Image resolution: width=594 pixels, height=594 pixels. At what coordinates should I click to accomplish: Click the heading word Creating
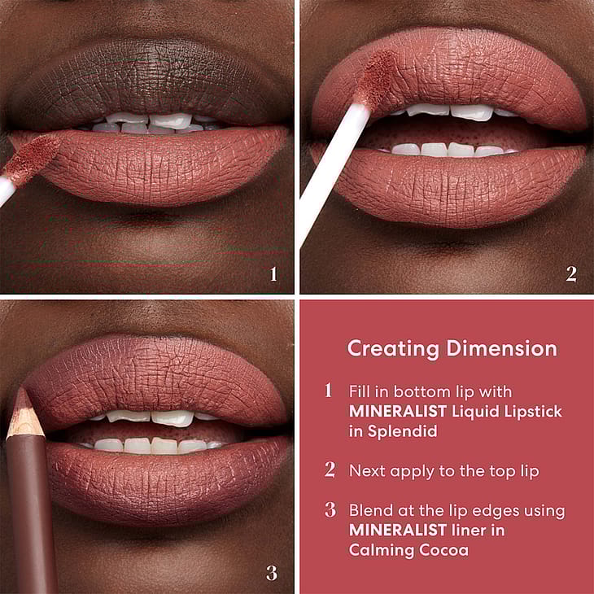[x=393, y=349]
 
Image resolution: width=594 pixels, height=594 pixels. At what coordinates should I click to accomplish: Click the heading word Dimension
[x=502, y=347]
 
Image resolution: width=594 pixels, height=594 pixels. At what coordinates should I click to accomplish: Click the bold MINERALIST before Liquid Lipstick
[x=398, y=412]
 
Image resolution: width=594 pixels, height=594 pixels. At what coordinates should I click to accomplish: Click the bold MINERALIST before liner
[x=398, y=530]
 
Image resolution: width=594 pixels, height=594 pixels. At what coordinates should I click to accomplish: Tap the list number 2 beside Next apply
[x=330, y=470]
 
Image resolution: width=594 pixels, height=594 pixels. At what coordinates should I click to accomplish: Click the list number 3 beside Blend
[x=330, y=509]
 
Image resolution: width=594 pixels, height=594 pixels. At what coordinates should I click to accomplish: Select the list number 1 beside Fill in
[x=329, y=391]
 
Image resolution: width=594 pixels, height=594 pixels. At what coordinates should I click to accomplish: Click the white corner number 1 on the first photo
[x=273, y=274]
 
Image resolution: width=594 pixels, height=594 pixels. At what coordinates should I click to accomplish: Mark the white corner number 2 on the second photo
[x=571, y=274]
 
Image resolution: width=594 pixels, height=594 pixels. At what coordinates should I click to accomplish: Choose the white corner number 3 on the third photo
[x=272, y=573]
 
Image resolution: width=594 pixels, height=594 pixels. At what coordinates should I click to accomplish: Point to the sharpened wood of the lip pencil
[x=24, y=415]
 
